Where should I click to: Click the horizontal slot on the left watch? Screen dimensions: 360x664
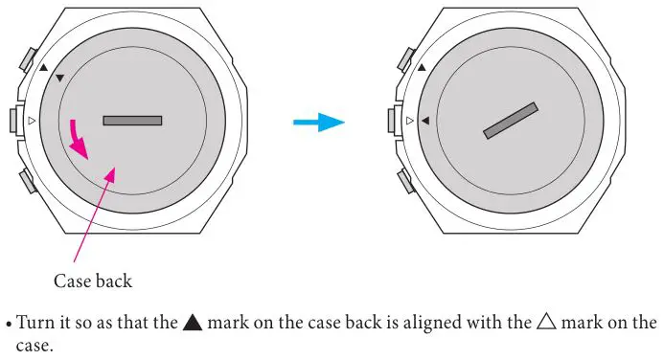[132, 121]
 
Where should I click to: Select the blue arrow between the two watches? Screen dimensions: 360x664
[317, 122]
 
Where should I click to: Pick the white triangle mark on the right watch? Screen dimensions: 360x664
[410, 121]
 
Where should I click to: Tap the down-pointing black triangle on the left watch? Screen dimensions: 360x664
[60, 77]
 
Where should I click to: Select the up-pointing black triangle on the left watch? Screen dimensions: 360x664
[43, 68]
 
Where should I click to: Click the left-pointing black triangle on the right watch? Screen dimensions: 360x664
[424, 121]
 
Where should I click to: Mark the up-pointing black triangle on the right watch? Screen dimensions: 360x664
[422, 68]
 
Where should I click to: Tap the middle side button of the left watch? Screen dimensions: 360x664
[13, 121]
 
